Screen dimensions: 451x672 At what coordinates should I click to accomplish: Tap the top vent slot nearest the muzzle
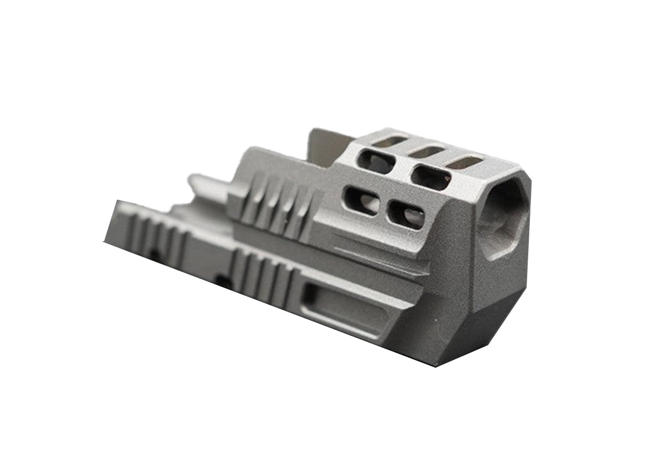tap(465, 162)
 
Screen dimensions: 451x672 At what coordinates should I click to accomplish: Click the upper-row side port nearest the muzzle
tap(431, 178)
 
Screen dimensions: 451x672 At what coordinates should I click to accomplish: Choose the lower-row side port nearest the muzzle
tap(406, 216)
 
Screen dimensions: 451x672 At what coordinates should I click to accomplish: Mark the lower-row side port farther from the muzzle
tap(360, 200)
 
